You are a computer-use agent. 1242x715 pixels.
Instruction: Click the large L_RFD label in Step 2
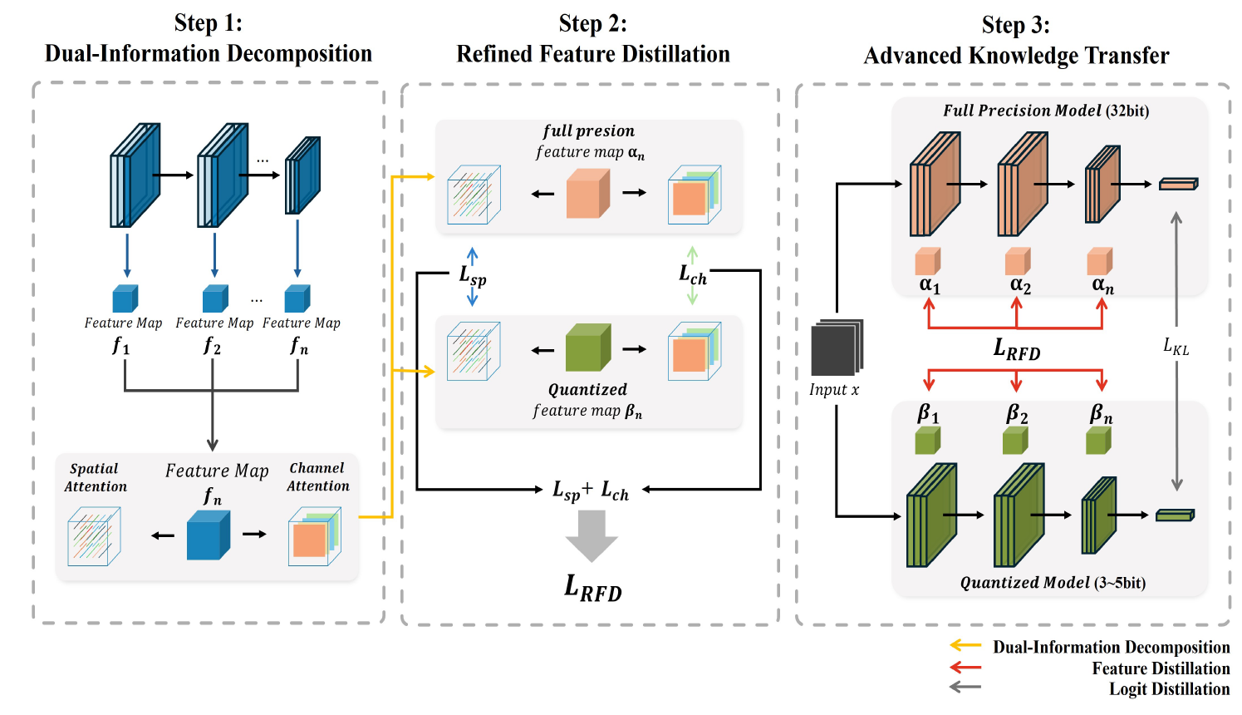click(593, 589)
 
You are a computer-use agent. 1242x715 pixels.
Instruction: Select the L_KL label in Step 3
click(1176, 348)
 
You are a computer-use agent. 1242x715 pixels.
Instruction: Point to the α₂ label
click(1020, 285)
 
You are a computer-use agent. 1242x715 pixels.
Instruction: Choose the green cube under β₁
click(928, 441)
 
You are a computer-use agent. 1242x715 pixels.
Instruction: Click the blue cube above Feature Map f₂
click(215, 298)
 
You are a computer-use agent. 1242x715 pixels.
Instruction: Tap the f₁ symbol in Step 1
click(120, 346)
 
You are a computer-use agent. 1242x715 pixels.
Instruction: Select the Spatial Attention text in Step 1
click(96, 477)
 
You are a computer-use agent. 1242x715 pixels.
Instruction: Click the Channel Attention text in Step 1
click(318, 476)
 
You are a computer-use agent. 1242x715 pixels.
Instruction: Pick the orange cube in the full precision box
click(588, 193)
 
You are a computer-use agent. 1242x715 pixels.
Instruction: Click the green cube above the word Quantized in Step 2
click(588, 348)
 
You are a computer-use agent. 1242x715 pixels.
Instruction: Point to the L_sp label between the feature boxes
click(473, 276)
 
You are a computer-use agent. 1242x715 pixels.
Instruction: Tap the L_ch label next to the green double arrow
click(693, 274)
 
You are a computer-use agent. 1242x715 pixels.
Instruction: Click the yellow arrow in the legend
click(965, 645)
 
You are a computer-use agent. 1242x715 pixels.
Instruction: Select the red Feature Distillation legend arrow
click(965, 667)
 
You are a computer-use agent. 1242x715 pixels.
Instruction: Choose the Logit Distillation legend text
click(1170, 689)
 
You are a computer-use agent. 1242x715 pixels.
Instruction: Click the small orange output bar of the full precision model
click(1179, 184)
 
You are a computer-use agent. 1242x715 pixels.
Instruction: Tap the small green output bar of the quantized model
click(1175, 515)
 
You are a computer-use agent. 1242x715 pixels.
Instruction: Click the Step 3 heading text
click(1016, 41)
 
